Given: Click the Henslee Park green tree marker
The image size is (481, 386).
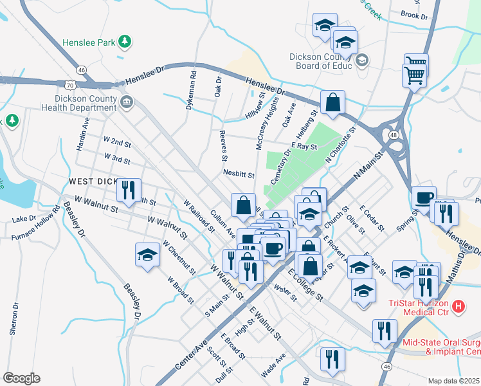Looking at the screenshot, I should pos(125,43).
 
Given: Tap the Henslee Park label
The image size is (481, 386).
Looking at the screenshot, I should pos(89,43).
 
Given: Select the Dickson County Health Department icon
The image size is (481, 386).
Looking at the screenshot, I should pos(127,100).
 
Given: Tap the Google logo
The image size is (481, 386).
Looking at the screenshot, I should pos(21,378).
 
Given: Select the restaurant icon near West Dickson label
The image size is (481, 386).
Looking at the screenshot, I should pos(129,190).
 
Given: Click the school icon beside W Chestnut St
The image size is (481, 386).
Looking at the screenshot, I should pos(148,254).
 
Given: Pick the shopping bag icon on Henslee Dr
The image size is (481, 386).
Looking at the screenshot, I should pos(332,102).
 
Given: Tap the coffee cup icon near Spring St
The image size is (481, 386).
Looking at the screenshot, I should pos(424,198).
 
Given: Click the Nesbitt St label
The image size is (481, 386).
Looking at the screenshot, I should pos(239,174).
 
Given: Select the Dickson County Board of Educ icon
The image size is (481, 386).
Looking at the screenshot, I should pos(361,60).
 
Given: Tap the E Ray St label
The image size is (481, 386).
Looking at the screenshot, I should pos(304,147).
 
